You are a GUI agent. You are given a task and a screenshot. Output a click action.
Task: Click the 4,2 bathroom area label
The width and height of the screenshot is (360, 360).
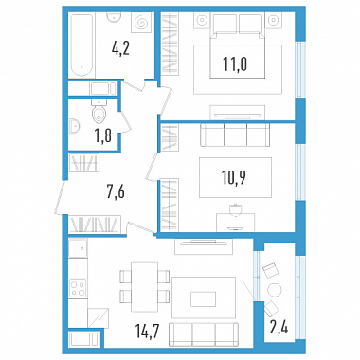120,48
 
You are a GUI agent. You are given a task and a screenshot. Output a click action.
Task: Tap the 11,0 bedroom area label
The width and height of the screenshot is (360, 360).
235,63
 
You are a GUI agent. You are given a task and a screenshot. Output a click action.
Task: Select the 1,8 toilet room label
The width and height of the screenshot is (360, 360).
103,135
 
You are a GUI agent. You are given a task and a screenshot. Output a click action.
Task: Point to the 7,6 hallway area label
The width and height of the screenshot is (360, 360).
116,191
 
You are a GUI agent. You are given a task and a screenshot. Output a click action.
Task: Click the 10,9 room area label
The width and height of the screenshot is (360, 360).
234,177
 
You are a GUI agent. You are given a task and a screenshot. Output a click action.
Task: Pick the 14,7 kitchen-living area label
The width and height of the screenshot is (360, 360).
147,332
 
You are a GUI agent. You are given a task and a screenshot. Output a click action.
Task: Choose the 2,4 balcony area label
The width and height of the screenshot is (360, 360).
279,328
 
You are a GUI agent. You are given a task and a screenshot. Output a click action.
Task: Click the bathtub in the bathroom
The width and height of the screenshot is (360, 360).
81,45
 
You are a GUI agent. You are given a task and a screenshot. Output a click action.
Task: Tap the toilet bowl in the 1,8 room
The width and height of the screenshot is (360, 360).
99,114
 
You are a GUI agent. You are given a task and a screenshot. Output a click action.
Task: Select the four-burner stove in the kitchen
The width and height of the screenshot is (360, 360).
78,288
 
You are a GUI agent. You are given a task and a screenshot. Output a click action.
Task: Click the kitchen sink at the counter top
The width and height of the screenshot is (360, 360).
78,248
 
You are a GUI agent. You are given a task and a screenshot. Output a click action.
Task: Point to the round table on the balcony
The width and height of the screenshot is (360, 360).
274,290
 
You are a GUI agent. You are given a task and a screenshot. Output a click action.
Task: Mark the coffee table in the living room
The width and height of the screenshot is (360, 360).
204,298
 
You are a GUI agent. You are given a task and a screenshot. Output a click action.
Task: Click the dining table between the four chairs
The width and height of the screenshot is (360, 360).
145,287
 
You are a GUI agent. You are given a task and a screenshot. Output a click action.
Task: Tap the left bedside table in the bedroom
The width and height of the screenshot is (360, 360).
202,21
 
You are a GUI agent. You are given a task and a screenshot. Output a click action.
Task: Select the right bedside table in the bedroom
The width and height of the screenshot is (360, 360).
273,21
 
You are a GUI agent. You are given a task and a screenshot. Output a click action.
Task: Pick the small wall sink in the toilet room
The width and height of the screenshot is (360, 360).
74,126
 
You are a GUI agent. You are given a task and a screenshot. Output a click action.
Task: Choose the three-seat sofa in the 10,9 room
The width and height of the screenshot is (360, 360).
235,135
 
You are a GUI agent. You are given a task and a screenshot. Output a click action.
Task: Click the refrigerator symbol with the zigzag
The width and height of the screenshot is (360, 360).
99,317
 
